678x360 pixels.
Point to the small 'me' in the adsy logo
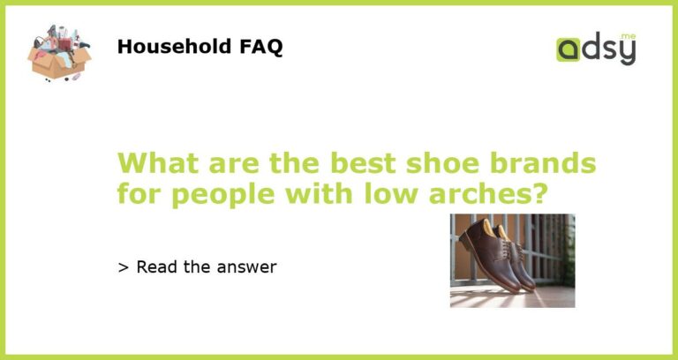pyautogui.click(x=628, y=36)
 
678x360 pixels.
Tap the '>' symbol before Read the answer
pyautogui.click(x=123, y=266)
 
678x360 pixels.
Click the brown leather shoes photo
pyautogui.click(x=512, y=260)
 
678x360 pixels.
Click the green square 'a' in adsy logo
pyautogui.click(x=568, y=49)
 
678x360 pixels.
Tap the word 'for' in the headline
pyautogui.click(x=139, y=193)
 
